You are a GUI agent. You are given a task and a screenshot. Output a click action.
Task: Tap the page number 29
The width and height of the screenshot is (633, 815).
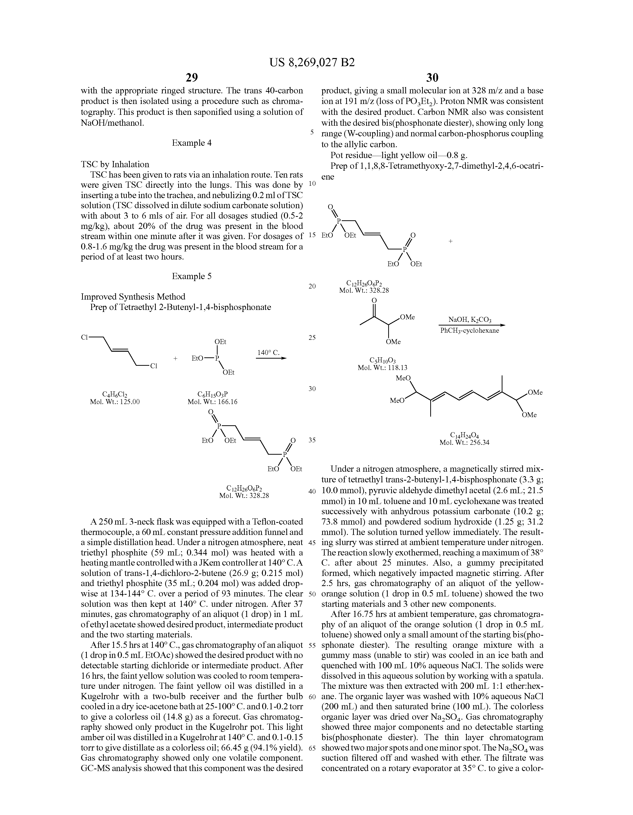pyautogui.click(x=191, y=78)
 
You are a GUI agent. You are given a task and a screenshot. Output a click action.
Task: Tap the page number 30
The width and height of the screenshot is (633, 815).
pyautogui.click(x=432, y=78)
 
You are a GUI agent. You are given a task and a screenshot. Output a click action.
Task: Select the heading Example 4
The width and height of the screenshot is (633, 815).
pyautogui.click(x=191, y=143)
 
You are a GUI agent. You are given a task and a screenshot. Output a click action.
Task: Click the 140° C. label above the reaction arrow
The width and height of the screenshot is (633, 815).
pyautogui.click(x=269, y=352)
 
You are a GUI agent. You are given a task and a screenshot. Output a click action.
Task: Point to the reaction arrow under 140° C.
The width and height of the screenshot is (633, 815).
pyautogui.click(x=271, y=359)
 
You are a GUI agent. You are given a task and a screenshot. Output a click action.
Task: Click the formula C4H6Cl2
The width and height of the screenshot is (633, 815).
pyautogui.click(x=115, y=394)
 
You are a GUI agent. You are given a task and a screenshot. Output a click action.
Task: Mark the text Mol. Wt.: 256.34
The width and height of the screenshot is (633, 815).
pyautogui.click(x=464, y=443)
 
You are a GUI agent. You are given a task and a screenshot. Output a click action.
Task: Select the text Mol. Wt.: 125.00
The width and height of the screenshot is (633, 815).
pyautogui.click(x=115, y=402)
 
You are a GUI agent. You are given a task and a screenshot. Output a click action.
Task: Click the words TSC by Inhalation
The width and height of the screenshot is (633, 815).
pyautogui.click(x=115, y=164)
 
